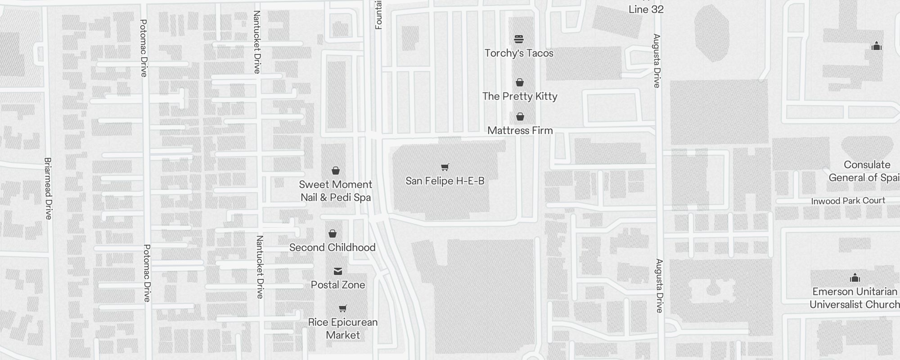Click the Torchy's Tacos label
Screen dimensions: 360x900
click(x=519, y=53)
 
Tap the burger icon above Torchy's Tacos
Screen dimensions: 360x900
click(x=519, y=39)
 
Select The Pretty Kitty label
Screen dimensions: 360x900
click(x=520, y=96)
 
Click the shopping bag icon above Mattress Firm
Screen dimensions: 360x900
click(x=520, y=117)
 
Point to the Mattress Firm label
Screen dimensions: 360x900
click(x=520, y=130)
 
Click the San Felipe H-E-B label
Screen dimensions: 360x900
click(x=445, y=181)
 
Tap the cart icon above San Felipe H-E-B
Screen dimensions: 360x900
click(x=445, y=167)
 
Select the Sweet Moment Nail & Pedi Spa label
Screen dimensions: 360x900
click(x=336, y=191)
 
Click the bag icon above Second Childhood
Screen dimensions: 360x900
click(x=333, y=234)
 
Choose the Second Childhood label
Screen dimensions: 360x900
click(x=332, y=247)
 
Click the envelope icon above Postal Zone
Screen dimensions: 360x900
click(x=338, y=271)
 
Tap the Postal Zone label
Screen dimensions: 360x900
click(x=338, y=285)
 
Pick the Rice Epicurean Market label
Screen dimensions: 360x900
click(x=343, y=328)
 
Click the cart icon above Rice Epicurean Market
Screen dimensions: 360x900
click(x=343, y=309)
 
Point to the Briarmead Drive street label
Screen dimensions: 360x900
click(x=48, y=188)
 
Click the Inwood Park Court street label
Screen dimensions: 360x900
click(x=848, y=201)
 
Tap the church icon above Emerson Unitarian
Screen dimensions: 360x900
click(x=855, y=278)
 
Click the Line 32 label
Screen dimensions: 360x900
click(x=646, y=9)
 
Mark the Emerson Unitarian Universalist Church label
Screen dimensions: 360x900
click(x=854, y=298)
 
